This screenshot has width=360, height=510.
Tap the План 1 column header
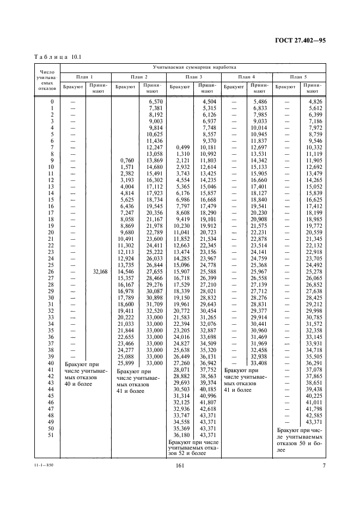pos(85,77)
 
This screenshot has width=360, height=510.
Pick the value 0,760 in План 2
pos(126,160)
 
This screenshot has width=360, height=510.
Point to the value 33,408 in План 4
pos(259,363)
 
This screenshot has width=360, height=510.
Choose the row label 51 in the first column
pos(52,435)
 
